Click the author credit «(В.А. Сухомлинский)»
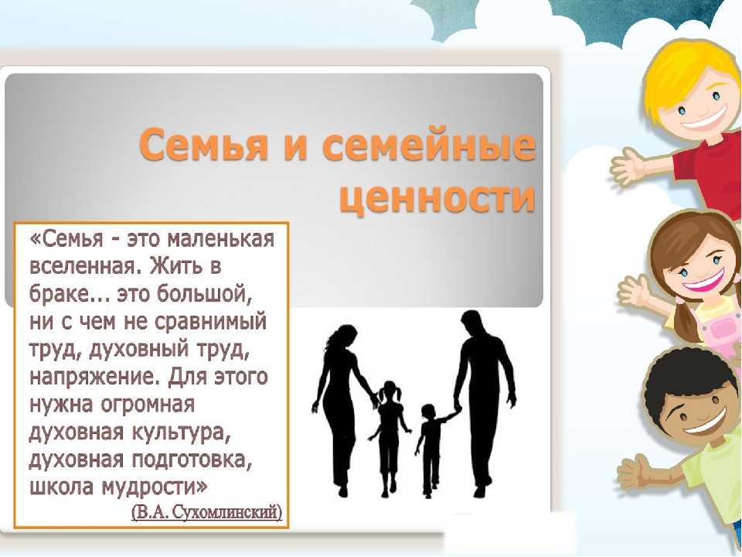click(207, 512)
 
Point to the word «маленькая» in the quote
click(222, 239)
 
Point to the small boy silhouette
click(431, 449)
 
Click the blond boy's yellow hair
click(686, 76)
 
